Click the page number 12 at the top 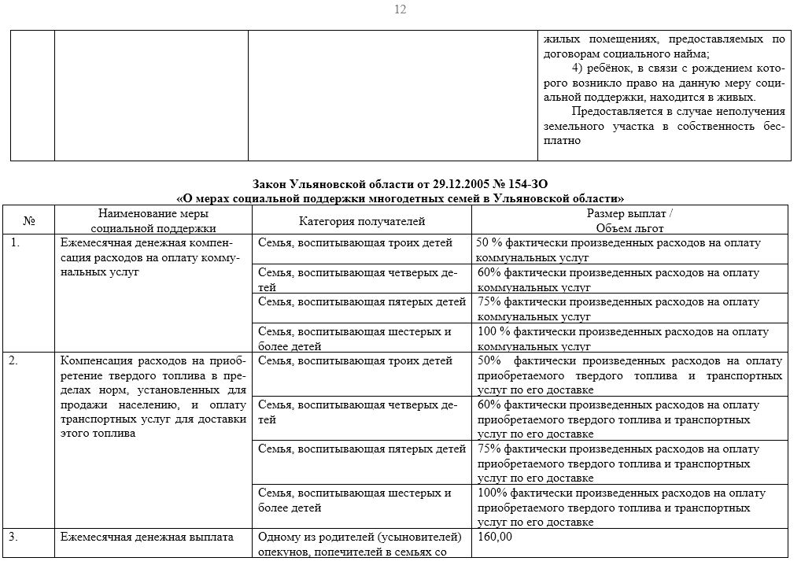click(400, 9)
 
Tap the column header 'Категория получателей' click(362, 221)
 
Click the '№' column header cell click(29, 221)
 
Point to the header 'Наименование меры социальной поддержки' click(153, 221)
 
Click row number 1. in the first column click(15, 243)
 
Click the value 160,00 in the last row click(495, 537)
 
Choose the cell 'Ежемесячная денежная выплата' click(147, 537)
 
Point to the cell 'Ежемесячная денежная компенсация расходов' click(150, 257)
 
